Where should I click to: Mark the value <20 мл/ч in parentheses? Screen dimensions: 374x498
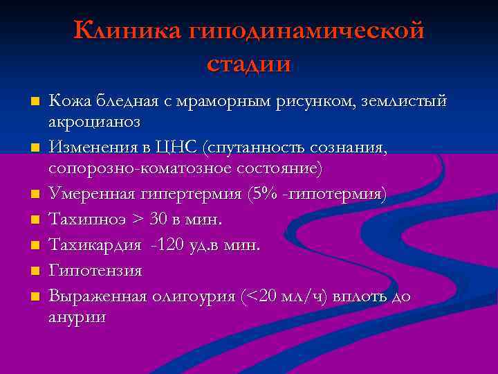coord(284,296)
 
